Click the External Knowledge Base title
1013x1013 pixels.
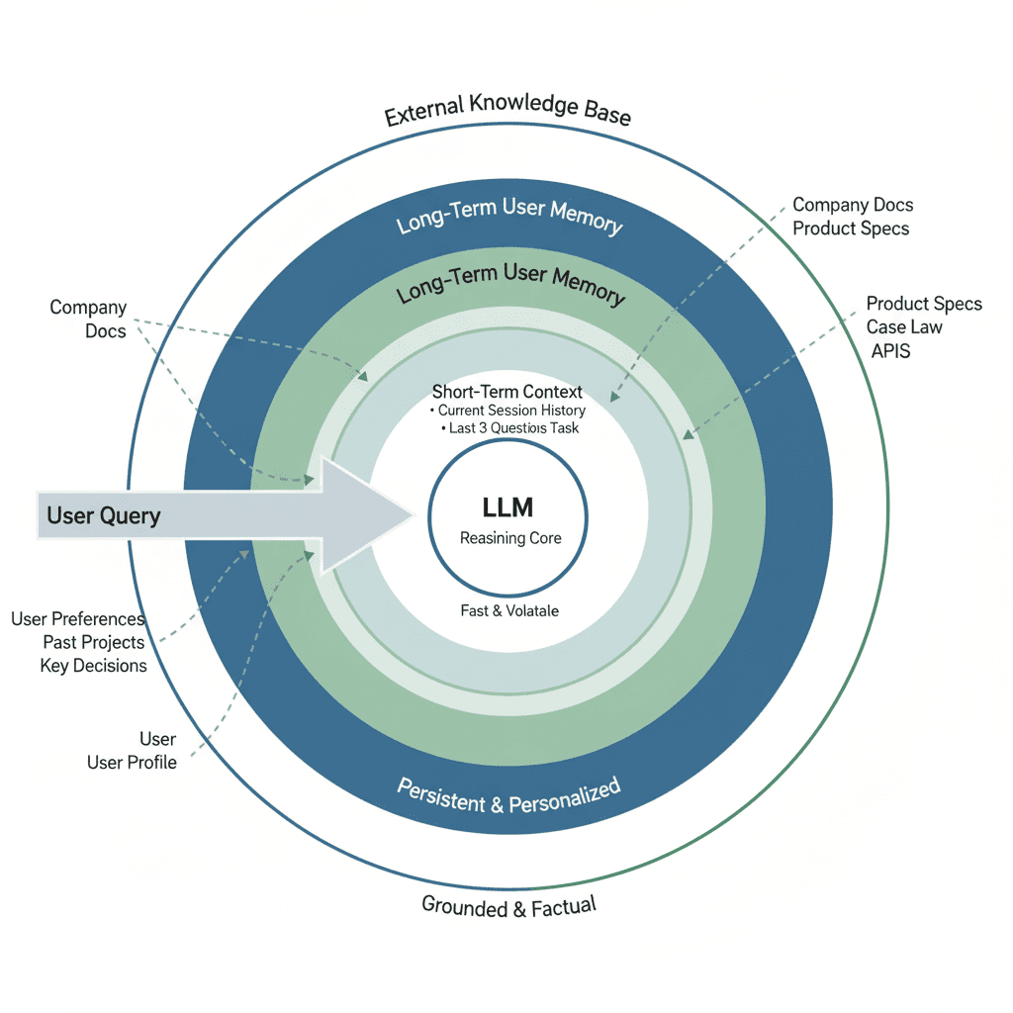click(506, 109)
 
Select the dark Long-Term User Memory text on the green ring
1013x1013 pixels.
click(510, 285)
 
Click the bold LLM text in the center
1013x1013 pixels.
click(507, 508)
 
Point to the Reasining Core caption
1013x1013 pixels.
click(510, 539)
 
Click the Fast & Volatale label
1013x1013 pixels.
click(509, 611)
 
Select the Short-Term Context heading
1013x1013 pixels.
click(507, 392)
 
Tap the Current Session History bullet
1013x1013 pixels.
click(510, 411)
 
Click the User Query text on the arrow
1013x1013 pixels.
click(104, 515)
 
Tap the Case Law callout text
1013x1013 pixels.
click(904, 327)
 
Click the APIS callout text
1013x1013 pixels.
click(891, 351)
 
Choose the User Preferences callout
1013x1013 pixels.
click(78, 619)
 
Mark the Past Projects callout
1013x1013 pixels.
click(94, 643)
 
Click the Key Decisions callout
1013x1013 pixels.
click(93, 666)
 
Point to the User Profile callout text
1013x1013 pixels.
click(132, 763)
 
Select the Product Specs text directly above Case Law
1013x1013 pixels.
click(924, 304)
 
